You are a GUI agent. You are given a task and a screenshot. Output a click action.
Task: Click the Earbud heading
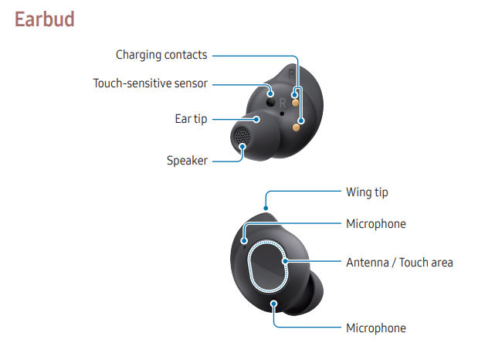point(45,19)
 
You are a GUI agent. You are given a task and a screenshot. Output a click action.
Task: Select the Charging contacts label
point(161,55)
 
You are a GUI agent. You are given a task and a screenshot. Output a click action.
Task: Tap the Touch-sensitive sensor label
point(151,83)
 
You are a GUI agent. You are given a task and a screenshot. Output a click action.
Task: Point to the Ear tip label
point(192,119)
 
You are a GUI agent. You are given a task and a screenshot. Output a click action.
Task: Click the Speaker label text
point(187,161)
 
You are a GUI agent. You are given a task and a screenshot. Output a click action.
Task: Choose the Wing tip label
point(367,192)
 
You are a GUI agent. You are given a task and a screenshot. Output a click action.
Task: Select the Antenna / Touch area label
point(400,263)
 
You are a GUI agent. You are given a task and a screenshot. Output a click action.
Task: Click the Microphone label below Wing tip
point(376,224)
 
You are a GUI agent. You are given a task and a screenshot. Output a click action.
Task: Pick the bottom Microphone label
point(376,328)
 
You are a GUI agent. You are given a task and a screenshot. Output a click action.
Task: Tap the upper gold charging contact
point(295,103)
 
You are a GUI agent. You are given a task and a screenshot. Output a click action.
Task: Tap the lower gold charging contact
point(296,127)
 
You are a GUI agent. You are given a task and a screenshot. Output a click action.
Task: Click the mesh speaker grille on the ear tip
point(242,136)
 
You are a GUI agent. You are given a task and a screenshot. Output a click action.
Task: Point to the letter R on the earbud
point(283,103)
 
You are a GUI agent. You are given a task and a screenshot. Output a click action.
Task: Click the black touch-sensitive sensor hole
point(270,102)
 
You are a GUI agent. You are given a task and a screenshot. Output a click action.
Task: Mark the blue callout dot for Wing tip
point(266,209)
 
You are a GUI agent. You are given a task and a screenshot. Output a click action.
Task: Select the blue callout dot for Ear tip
point(256,119)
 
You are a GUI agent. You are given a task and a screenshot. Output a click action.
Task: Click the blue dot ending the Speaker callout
point(242,147)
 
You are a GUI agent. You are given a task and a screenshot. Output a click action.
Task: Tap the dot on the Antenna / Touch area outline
point(285,261)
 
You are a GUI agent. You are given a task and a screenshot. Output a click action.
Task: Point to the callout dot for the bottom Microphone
point(274,304)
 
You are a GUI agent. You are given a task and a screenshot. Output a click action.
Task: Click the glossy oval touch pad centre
point(267,267)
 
